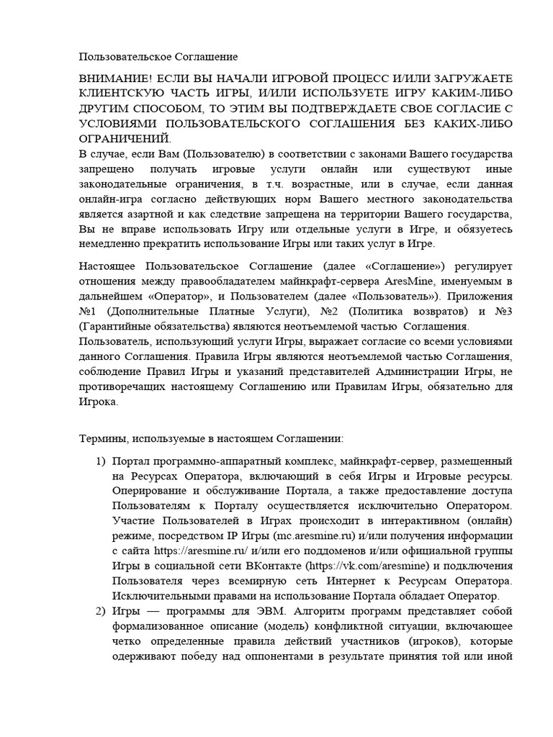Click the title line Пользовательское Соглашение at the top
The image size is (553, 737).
(x=158, y=55)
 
